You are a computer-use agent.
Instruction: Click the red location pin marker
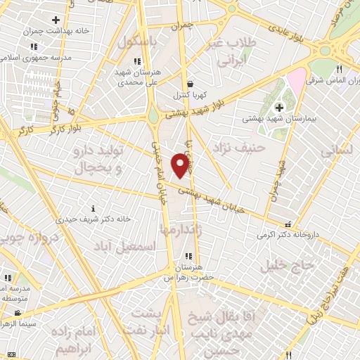[181, 166]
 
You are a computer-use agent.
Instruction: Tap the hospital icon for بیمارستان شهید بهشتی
[280, 108]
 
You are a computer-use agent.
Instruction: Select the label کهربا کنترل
[190, 94]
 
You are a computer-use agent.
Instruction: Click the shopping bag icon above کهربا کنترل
[190, 84]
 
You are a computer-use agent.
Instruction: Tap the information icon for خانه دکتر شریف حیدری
[94, 208]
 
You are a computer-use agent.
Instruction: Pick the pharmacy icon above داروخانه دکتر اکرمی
[288, 225]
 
